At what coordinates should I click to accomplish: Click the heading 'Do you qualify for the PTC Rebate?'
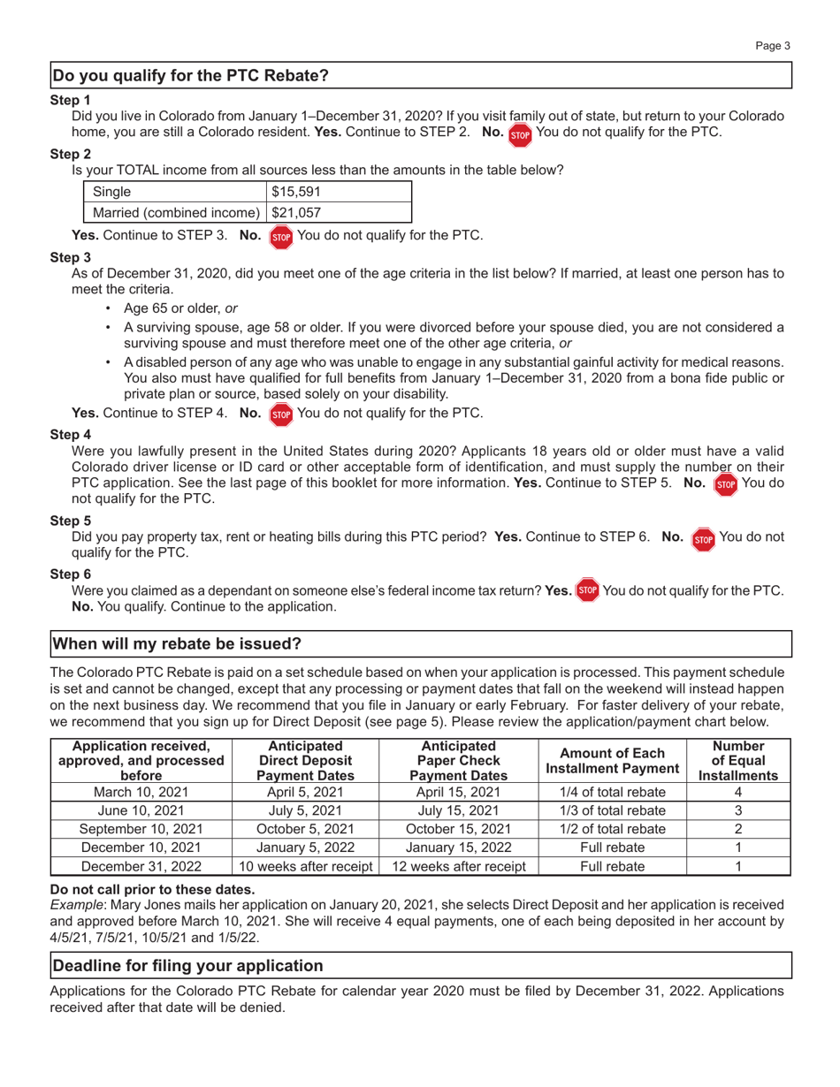point(191,76)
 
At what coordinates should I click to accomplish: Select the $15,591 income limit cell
point(295,192)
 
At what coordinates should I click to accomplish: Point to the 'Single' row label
point(111,192)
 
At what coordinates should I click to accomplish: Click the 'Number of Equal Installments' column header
point(738,760)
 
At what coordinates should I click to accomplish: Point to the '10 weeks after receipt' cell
point(305,865)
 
